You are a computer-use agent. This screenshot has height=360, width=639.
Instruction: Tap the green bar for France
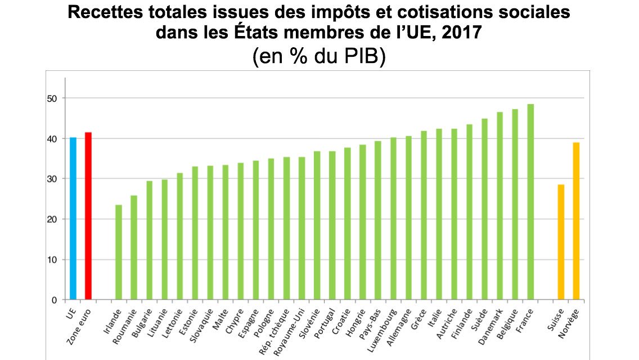(x=530, y=202)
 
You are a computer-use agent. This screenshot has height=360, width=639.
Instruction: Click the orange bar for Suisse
(x=561, y=242)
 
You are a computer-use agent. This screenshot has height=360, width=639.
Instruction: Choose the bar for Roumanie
(x=134, y=247)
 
